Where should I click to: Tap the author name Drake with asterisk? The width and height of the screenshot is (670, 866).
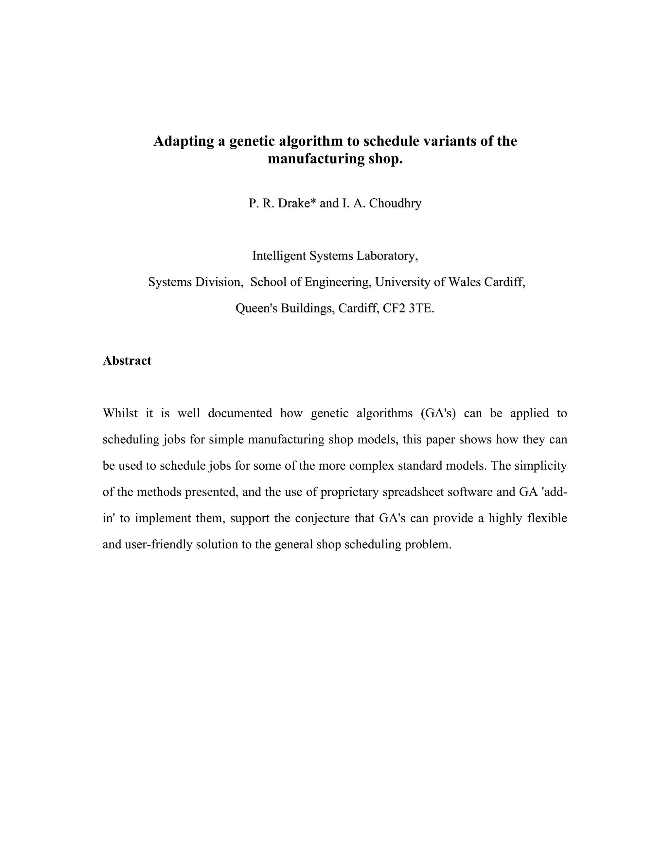pos(297,203)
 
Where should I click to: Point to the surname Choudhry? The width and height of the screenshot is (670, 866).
pos(395,203)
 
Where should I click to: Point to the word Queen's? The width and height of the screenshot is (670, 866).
pos(256,308)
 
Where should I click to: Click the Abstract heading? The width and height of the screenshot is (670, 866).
pos(127,361)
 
